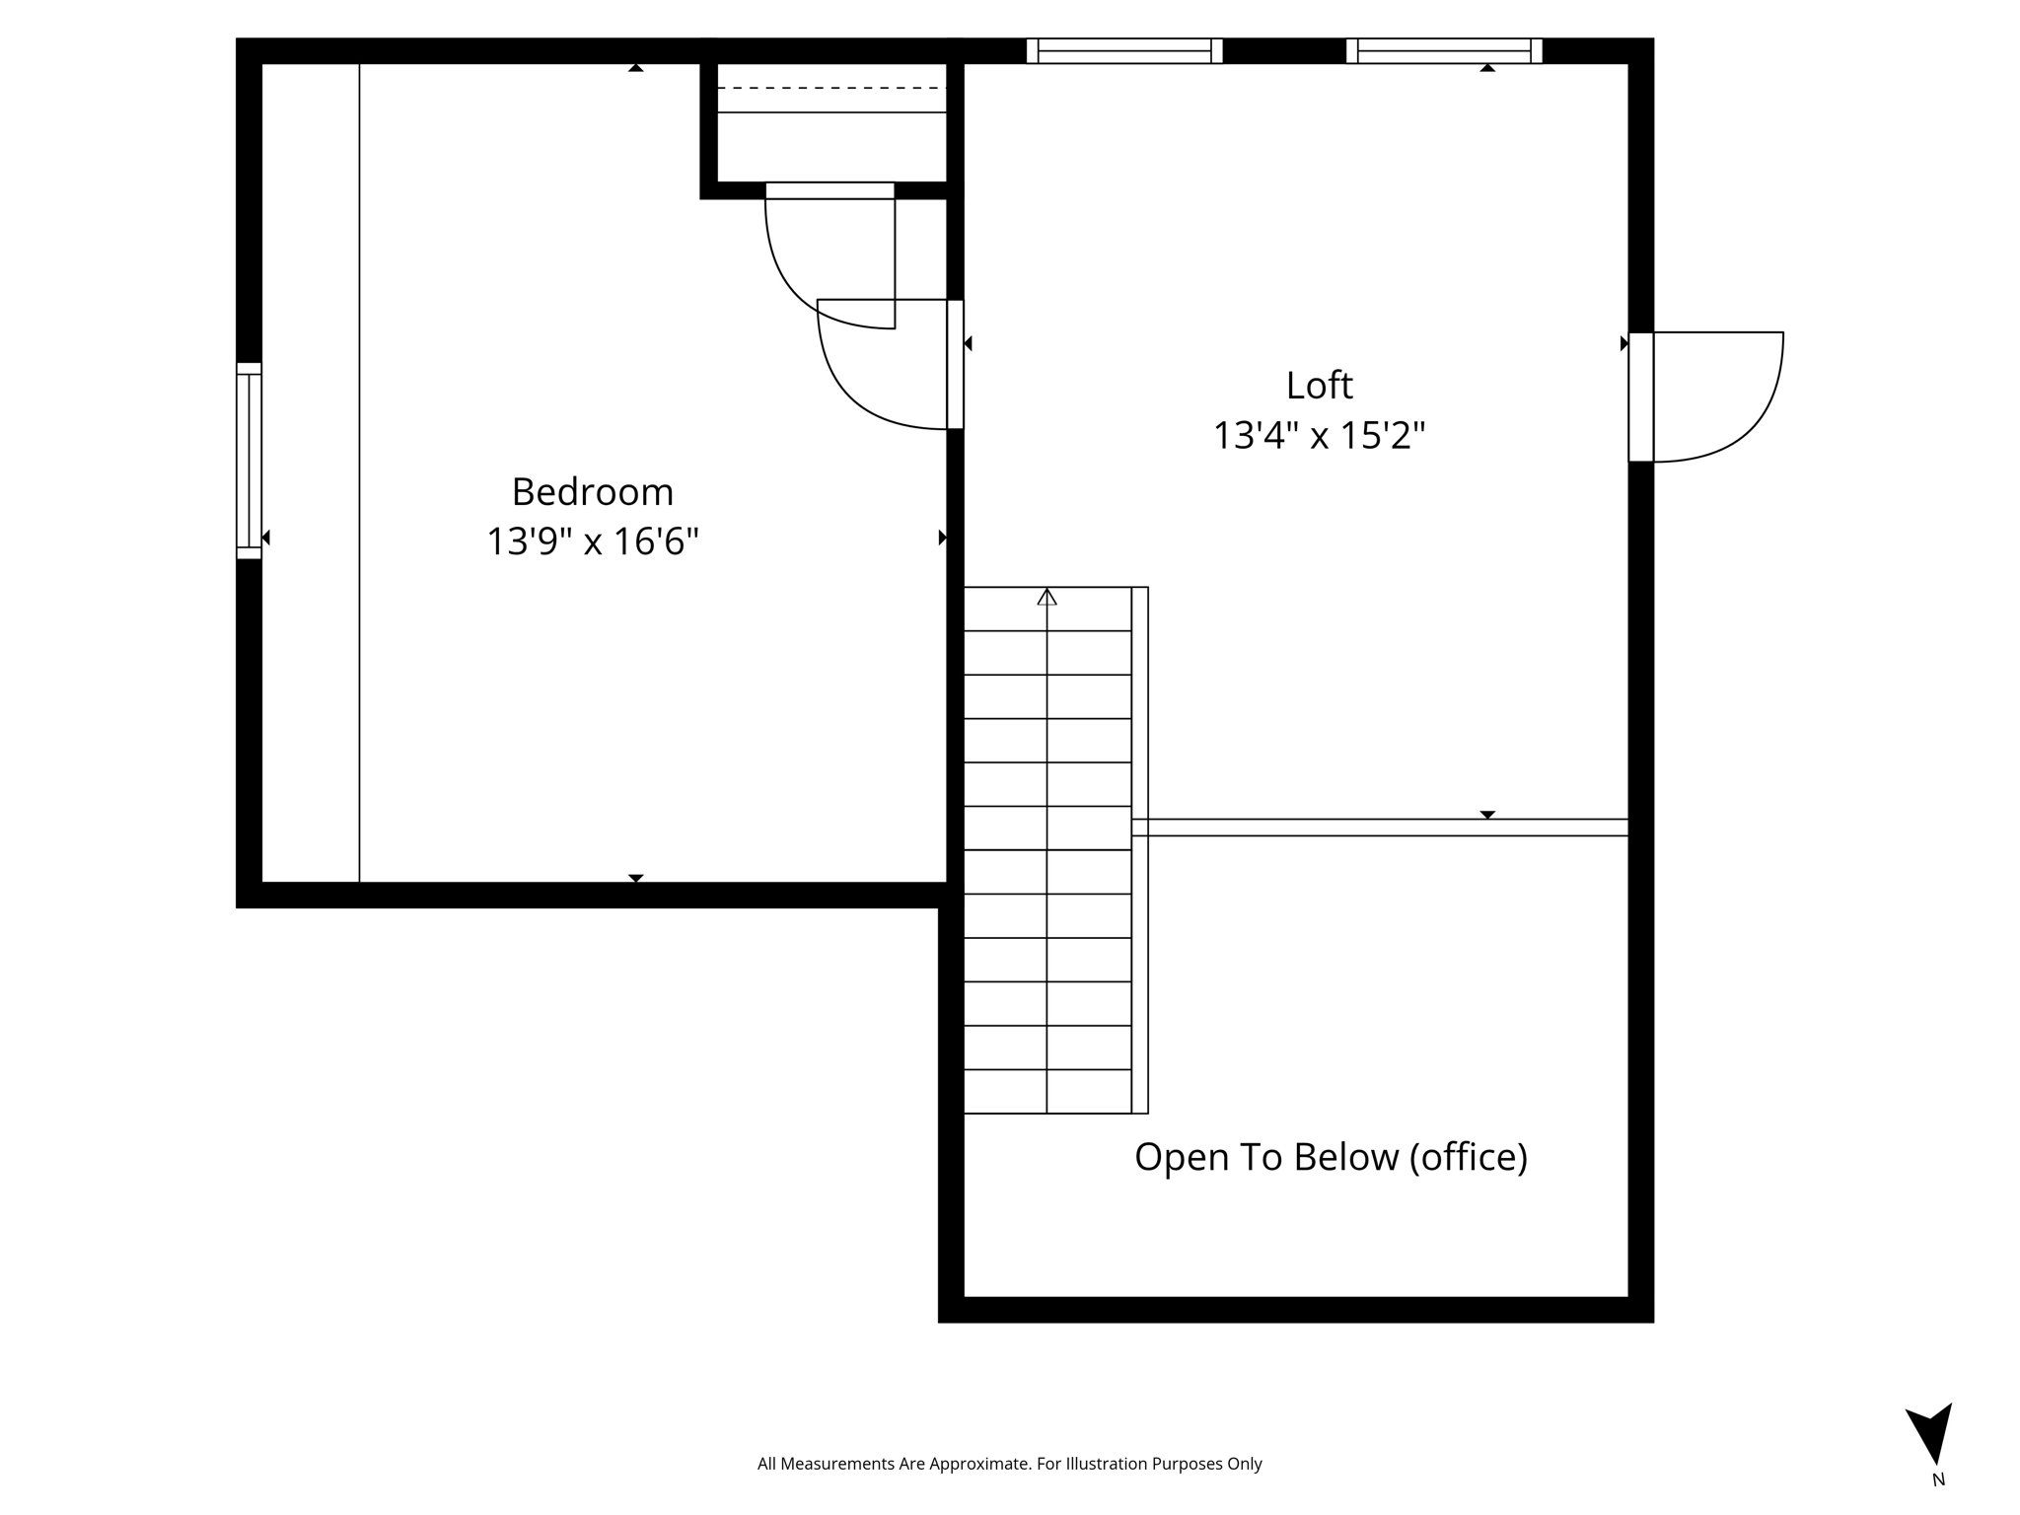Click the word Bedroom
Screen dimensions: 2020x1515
592,492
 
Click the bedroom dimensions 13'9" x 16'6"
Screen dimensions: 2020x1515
592,541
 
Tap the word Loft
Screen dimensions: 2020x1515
1319,386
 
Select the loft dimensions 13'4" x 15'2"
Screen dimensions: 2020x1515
1319,435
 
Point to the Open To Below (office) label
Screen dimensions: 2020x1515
1331,1157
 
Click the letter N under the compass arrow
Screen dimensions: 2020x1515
1938,1479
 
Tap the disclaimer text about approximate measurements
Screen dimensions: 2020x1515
1009,1464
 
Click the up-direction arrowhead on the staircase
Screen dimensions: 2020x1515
1046,597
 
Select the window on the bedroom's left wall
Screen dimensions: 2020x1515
249,461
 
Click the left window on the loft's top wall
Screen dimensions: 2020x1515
1124,50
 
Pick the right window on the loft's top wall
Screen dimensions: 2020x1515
1444,50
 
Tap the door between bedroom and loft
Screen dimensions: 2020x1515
954,364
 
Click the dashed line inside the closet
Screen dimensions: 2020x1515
831,88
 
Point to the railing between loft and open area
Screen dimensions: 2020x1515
1381,828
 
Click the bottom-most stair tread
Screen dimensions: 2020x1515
1046,1092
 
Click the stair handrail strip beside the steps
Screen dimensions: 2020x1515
1139,850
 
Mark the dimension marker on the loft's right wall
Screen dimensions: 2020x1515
1623,343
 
